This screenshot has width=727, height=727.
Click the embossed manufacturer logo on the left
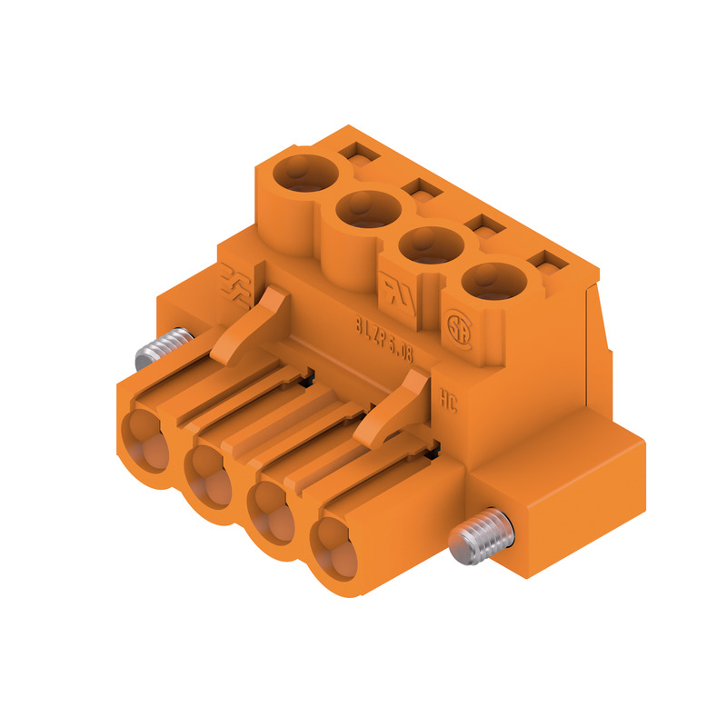tap(238, 282)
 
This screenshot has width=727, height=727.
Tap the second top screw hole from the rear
tap(368, 209)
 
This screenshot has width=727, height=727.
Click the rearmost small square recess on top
tap(361, 155)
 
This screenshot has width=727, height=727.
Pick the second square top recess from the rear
tap(420, 190)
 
